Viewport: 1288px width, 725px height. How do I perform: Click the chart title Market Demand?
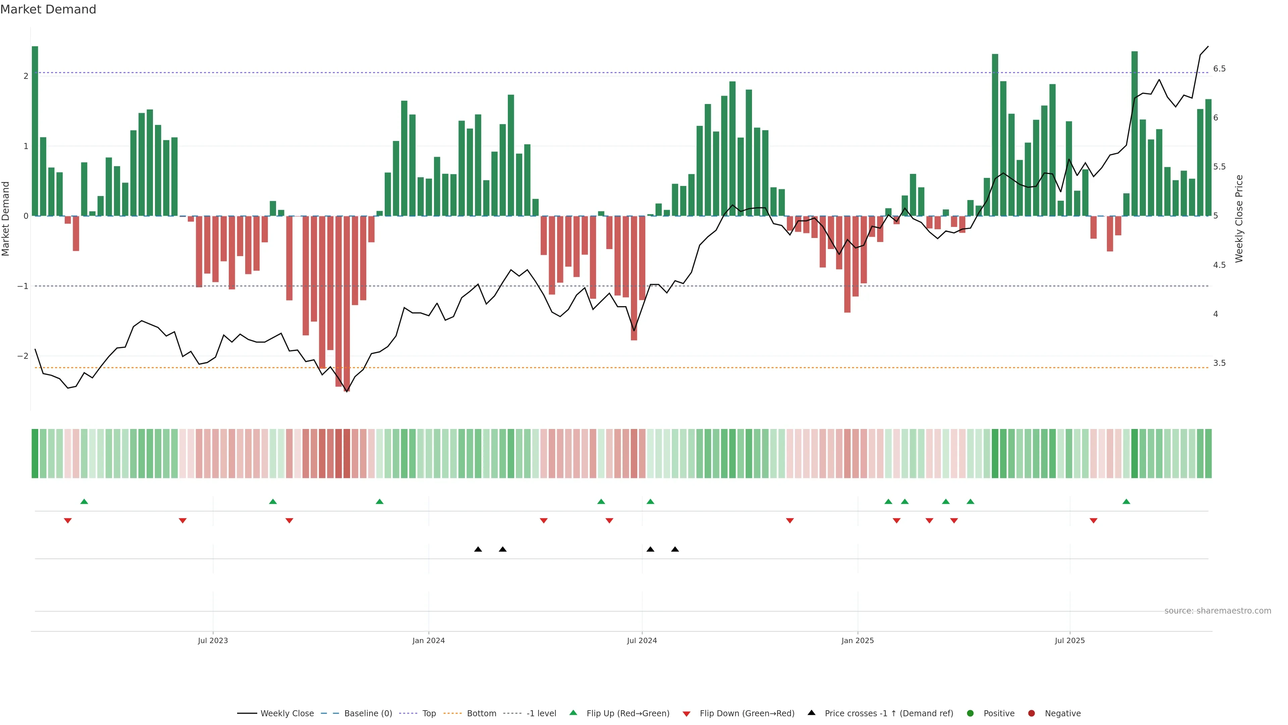tap(48, 9)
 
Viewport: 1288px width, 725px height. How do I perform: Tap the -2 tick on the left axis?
tap(23, 356)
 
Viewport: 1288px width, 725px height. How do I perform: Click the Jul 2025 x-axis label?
tap(1070, 640)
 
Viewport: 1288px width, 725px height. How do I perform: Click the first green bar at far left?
tap(35, 130)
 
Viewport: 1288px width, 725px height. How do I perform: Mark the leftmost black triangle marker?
tap(478, 549)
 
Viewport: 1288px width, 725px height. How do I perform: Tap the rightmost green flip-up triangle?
tap(1126, 502)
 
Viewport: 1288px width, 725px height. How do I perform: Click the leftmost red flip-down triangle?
tap(68, 521)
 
